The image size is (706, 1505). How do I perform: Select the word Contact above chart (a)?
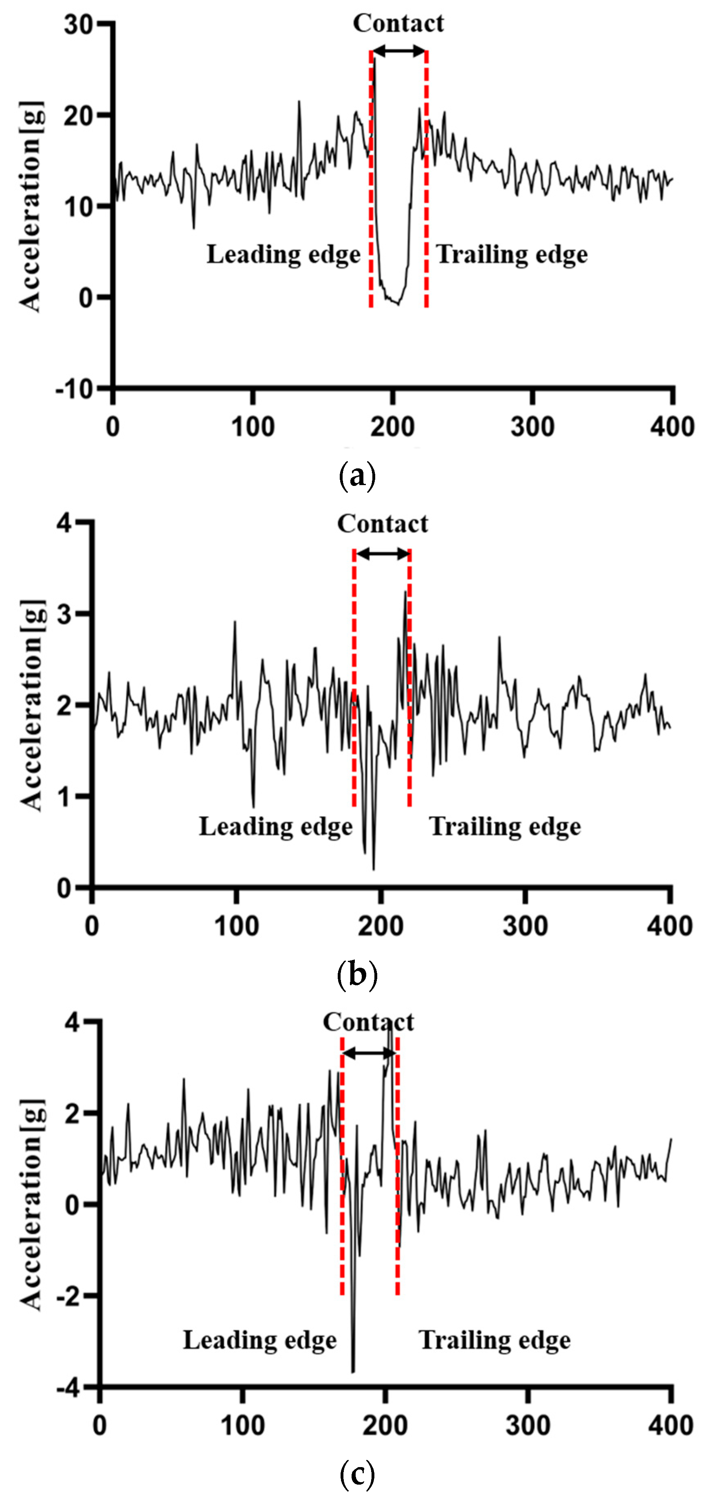398,23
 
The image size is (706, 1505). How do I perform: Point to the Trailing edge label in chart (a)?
512,255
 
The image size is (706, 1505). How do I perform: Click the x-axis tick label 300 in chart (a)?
532,427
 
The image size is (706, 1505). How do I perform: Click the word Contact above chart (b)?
383,524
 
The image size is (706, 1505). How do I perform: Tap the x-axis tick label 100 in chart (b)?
236,926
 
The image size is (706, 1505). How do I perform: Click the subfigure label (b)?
357,975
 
